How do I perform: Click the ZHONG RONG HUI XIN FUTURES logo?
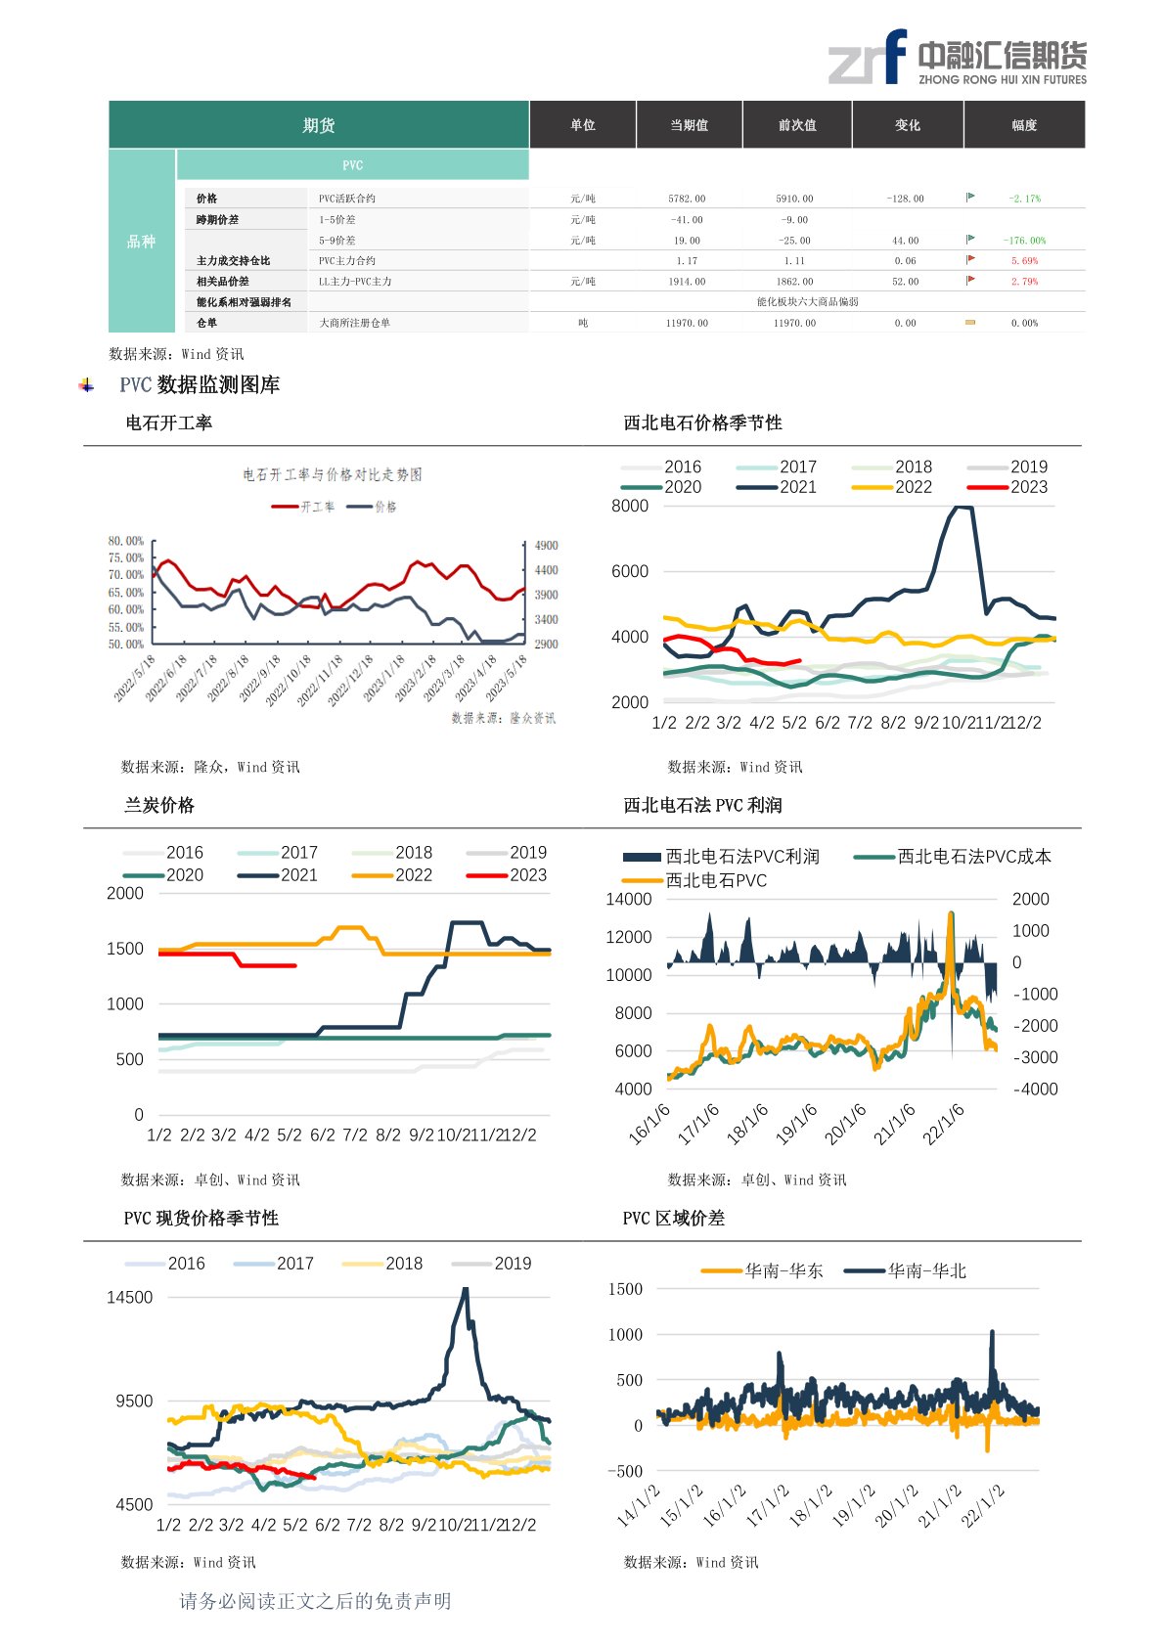pos(957,58)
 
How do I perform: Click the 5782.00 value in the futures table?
pos(687,199)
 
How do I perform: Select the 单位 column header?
pos(583,125)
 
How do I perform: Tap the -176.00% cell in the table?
pos(1024,241)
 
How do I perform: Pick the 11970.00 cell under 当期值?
pos(687,323)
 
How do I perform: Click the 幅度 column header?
pos(1024,125)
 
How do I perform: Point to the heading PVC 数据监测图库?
pos(200,385)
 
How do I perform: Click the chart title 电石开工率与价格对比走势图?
pos(333,475)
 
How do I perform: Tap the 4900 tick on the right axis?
pos(547,546)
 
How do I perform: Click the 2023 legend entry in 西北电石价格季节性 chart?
pos(1028,487)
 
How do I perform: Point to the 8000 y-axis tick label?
pos(630,506)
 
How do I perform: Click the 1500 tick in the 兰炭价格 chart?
pos(125,949)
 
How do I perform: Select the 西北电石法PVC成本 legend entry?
pos(974,857)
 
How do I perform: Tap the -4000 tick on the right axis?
pos(1035,1090)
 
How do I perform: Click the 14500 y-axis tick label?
pos(130,1298)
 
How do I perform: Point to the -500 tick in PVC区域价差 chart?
pos(625,1471)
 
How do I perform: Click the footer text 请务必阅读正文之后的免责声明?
pos(315,1601)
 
